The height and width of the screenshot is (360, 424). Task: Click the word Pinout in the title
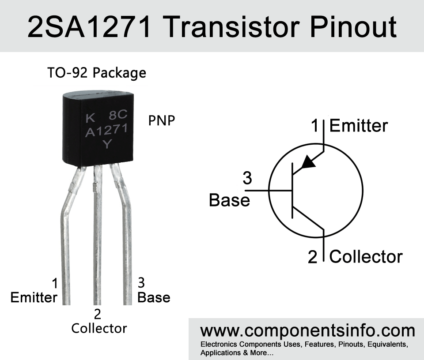click(x=353, y=27)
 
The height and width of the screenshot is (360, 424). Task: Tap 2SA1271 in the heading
click(x=89, y=27)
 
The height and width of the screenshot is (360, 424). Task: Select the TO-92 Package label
click(x=97, y=73)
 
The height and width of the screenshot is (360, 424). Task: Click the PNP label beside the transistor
click(x=162, y=120)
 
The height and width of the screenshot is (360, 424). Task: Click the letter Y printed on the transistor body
click(x=107, y=144)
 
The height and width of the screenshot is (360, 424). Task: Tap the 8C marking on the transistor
click(x=118, y=115)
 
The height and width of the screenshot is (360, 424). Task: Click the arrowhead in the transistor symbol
click(x=308, y=162)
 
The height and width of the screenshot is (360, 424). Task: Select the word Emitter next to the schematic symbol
click(x=359, y=126)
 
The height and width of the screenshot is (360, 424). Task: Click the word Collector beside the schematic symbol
click(x=366, y=257)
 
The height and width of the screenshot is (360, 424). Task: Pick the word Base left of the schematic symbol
click(x=229, y=200)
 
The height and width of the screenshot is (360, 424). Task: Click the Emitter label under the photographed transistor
click(x=34, y=298)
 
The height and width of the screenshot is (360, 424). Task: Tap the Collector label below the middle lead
click(x=99, y=328)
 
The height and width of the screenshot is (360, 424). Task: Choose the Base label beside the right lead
click(x=154, y=298)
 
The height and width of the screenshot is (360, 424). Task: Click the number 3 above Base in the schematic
click(x=247, y=178)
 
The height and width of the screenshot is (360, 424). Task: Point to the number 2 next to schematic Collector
click(x=312, y=257)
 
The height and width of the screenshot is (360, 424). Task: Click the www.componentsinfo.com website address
click(x=308, y=331)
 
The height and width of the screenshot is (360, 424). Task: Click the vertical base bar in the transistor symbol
click(x=292, y=191)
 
